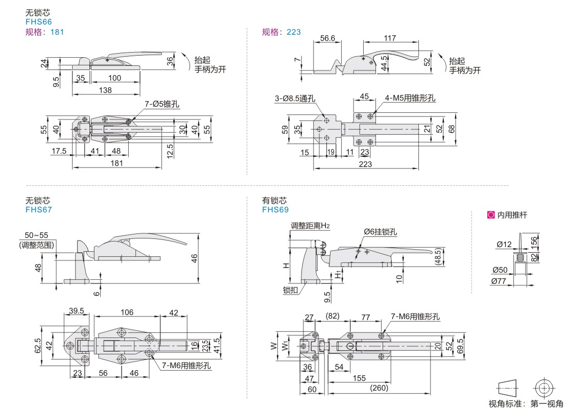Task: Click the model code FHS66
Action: pos(39,21)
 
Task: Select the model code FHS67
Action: pos(39,210)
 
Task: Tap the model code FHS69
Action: pos(275,210)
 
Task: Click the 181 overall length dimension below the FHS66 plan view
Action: pos(116,163)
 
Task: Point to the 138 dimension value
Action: pos(105,90)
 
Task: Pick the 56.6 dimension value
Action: pos(327,38)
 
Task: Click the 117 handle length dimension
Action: pos(390,38)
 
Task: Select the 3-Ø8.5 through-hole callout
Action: pos(295,99)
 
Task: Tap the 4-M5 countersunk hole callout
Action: pos(410,98)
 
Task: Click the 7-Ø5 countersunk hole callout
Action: pos(162,104)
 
